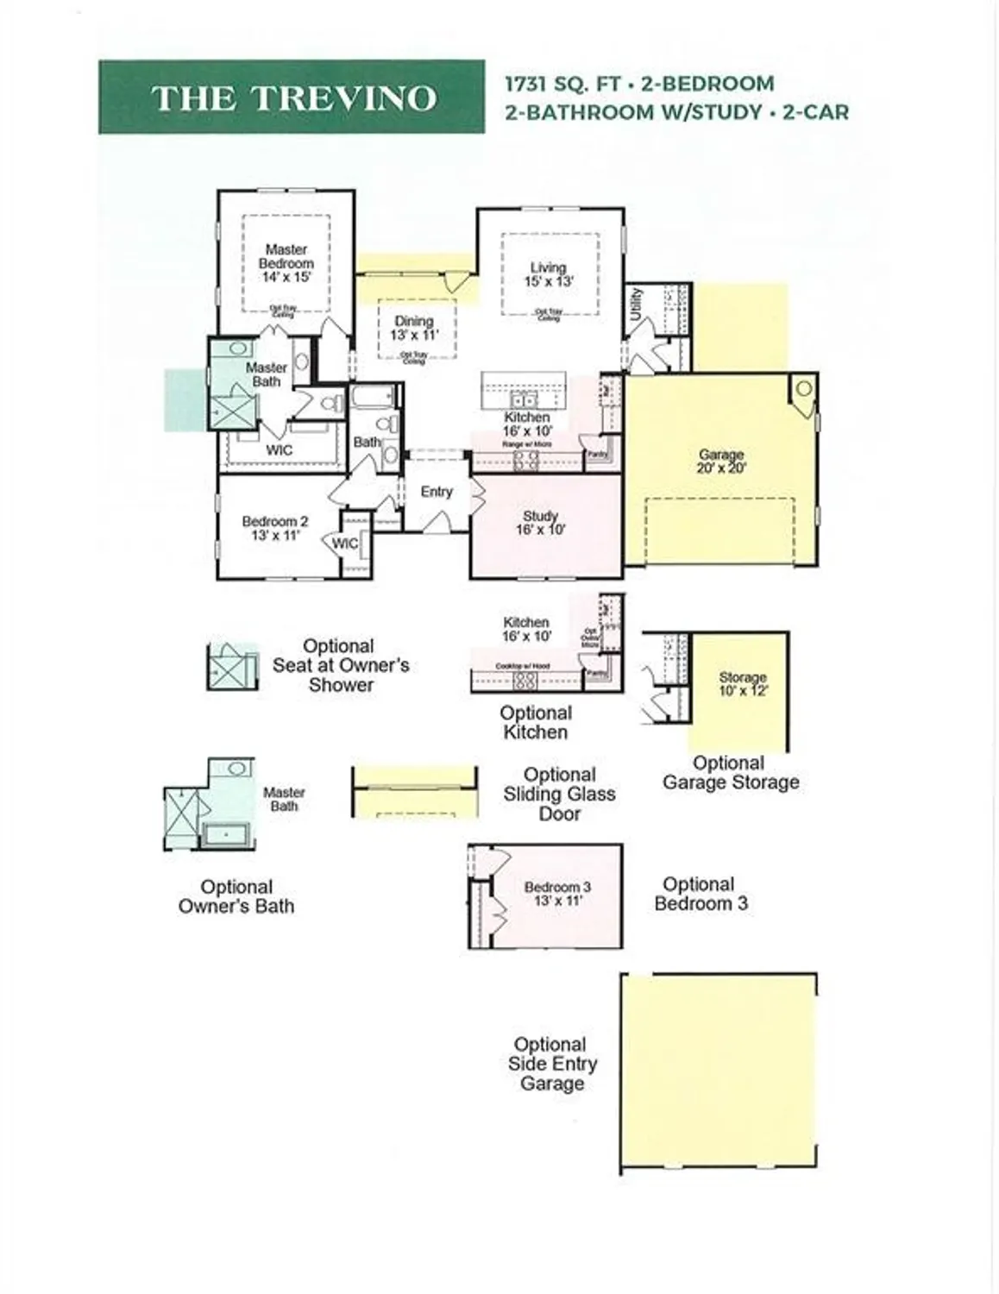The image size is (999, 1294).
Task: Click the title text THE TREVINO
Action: click(x=293, y=98)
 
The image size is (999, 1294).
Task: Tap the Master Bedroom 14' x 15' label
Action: click(x=286, y=263)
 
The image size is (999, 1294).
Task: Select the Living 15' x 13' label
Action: click(x=549, y=274)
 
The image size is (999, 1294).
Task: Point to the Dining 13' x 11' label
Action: click(x=414, y=328)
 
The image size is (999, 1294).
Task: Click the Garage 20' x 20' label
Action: click(x=721, y=461)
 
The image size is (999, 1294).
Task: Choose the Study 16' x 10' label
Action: click(x=541, y=523)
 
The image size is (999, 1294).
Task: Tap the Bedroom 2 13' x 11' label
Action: click(x=274, y=528)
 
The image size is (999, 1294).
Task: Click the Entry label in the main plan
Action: click(x=437, y=491)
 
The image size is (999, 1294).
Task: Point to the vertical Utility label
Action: click(x=637, y=304)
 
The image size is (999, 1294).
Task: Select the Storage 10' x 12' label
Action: click(x=743, y=684)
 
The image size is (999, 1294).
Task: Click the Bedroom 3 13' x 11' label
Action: click(x=557, y=894)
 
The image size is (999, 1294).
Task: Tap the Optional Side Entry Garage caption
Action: click(x=552, y=1064)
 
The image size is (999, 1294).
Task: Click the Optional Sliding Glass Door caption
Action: click(x=559, y=794)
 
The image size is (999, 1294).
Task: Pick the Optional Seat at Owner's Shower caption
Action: click(x=340, y=665)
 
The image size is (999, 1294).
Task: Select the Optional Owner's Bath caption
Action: click(x=236, y=896)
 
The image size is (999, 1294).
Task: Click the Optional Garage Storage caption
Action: click(x=730, y=773)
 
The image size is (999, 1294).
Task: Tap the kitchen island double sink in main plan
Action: click(x=522, y=400)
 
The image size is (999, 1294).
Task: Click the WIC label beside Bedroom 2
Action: click(x=345, y=543)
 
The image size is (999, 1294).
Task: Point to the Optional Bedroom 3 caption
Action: click(x=700, y=894)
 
